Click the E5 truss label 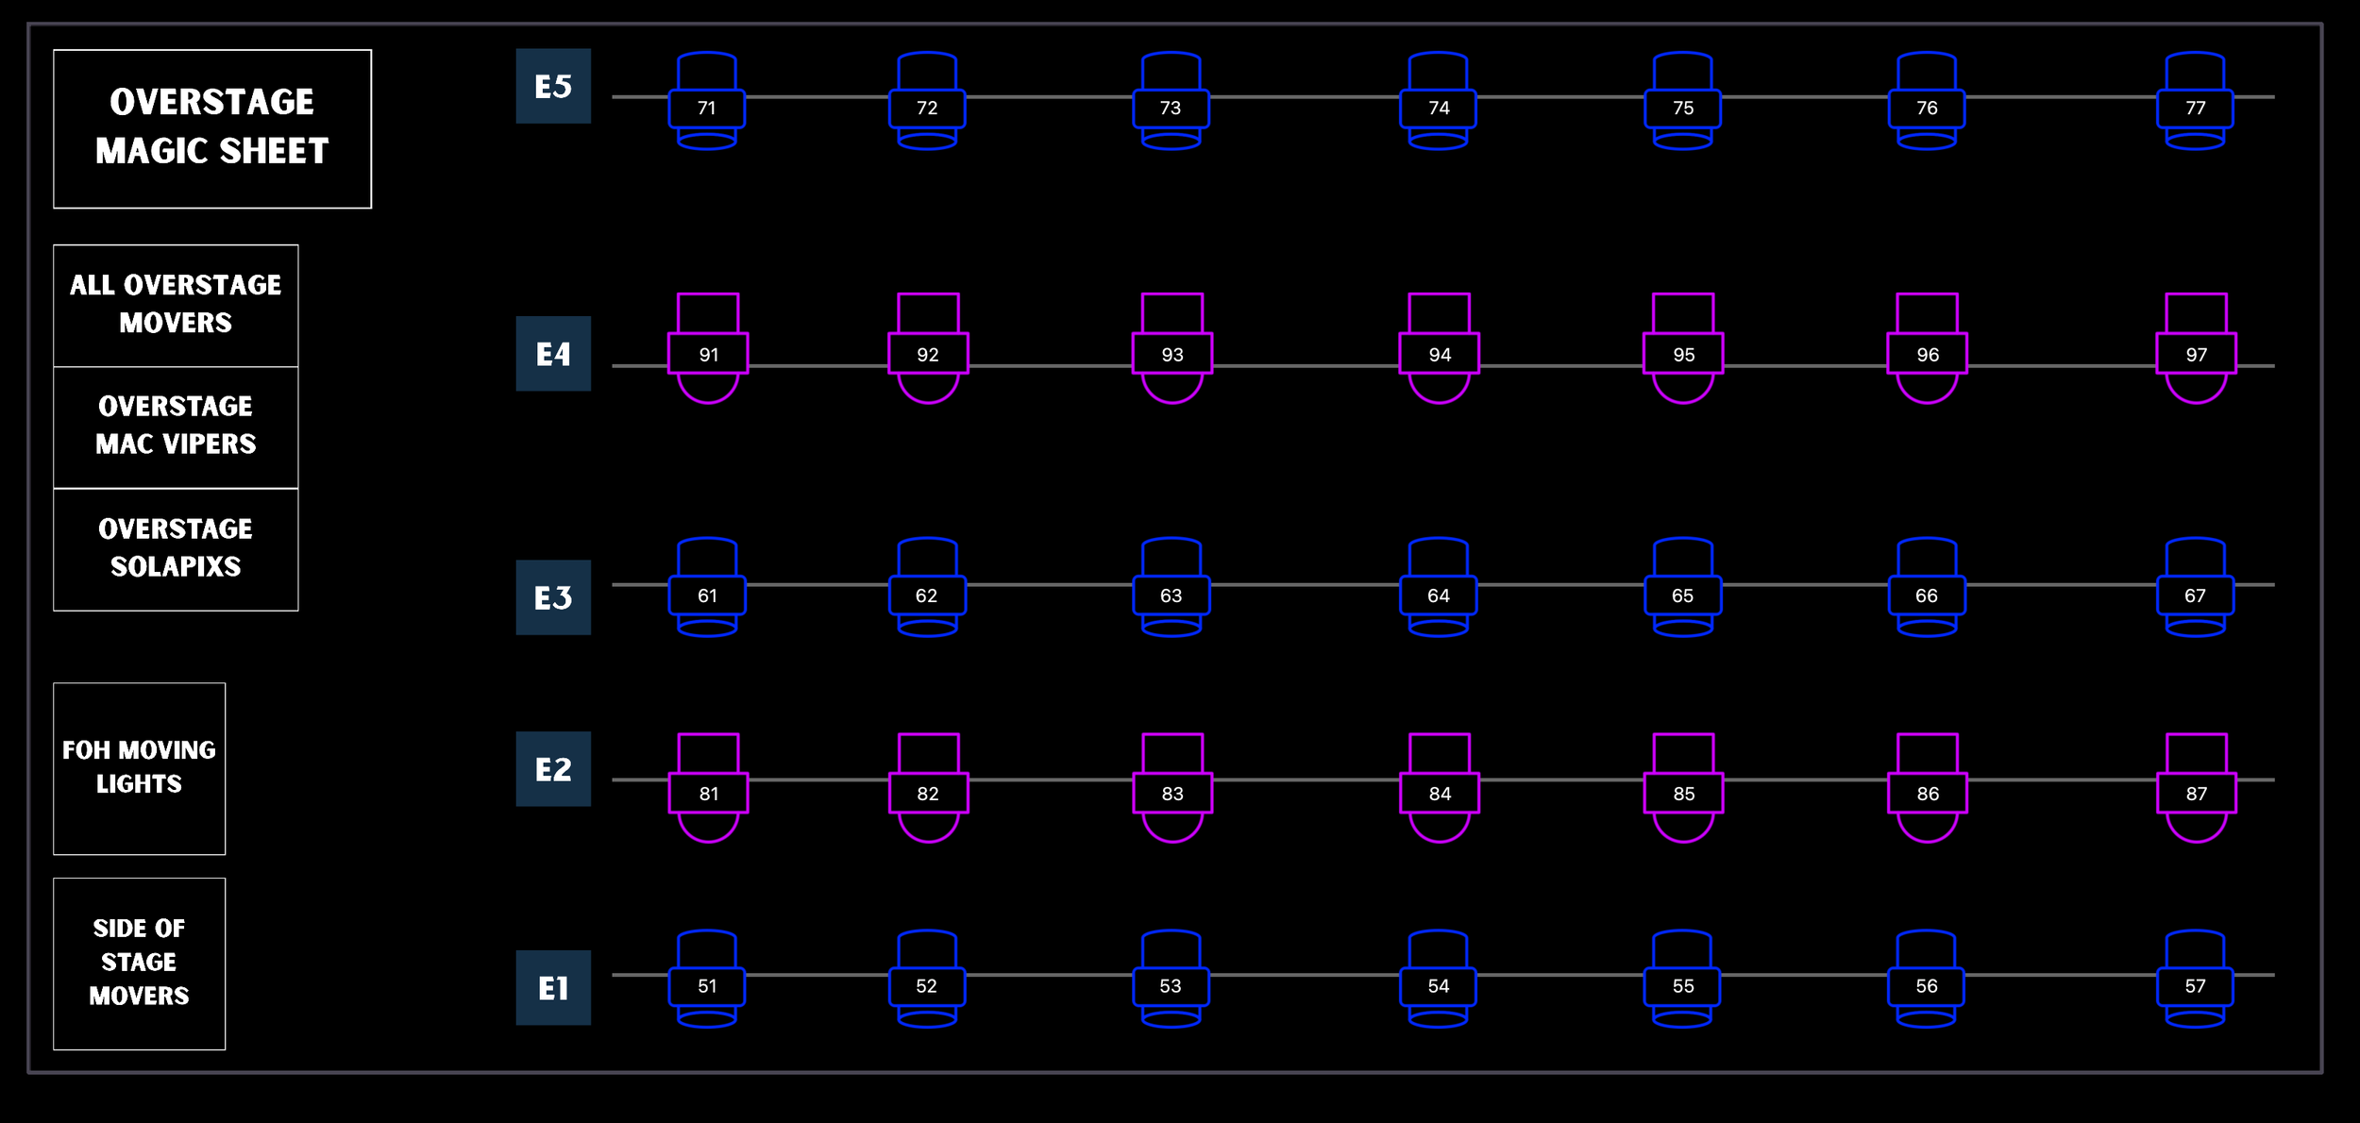point(553,86)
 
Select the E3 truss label point(553,597)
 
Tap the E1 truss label point(553,987)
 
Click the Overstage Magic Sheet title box point(212,128)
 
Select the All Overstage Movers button point(176,305)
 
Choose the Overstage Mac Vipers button point(176,427)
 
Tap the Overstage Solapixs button point(176,549)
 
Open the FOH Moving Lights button point(140,768)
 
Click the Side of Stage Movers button point(140,963)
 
